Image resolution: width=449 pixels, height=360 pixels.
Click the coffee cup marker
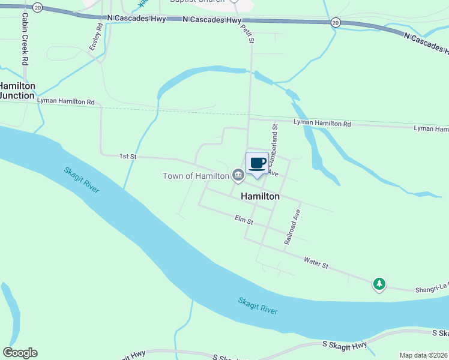pos(257,163)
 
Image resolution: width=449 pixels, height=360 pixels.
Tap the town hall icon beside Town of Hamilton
pos(238,175)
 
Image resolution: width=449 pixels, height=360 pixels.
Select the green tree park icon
pos(379,283)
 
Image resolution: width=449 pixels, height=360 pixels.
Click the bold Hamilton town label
pos(260,196)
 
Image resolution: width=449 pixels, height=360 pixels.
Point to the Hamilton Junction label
pos(17,91)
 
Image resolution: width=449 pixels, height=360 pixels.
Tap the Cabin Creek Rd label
pos(25,40)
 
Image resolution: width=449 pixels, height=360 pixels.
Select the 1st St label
pos(128,157)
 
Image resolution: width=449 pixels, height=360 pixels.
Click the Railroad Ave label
pos(292,226)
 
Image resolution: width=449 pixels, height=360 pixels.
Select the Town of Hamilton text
pos(196,176)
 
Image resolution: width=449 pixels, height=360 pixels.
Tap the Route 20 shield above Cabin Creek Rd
pos(38,7)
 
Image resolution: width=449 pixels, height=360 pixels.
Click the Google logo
pos(20,353)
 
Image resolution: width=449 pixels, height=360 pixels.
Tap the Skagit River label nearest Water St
pos(258,305)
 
